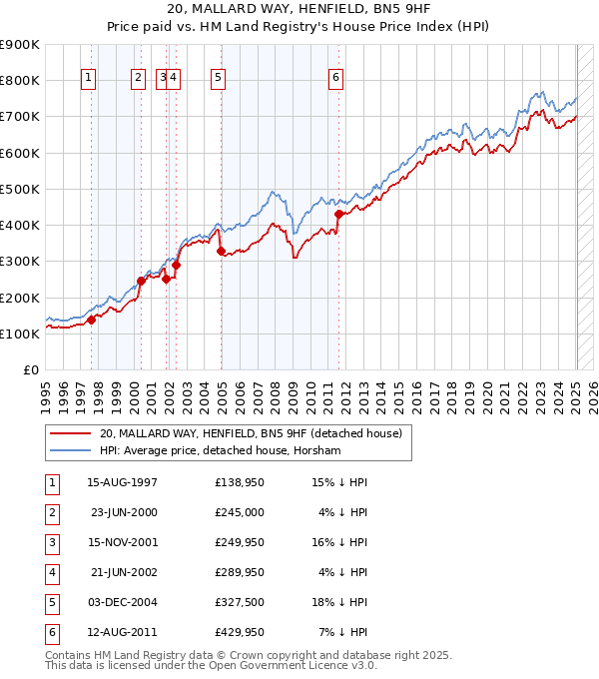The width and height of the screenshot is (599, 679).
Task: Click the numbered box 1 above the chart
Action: pos(89,81)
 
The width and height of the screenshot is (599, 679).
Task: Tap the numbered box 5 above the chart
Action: pos(218,81)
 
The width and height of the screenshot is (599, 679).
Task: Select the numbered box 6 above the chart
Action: pos(336,81)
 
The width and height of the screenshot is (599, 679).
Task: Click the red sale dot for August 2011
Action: pos(338,214)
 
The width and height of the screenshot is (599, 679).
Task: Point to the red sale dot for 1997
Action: pos(91,320)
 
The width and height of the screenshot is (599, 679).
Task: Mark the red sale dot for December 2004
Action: pos(221,252)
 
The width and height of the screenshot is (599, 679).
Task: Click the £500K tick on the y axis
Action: pos(20,189)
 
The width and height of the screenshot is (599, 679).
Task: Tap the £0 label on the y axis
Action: pos(30,370)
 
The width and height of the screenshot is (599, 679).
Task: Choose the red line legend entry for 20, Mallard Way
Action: pos(250,433)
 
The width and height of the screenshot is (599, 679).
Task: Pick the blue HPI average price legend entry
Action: pos(220,451)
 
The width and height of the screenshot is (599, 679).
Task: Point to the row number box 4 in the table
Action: pos(50,572)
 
